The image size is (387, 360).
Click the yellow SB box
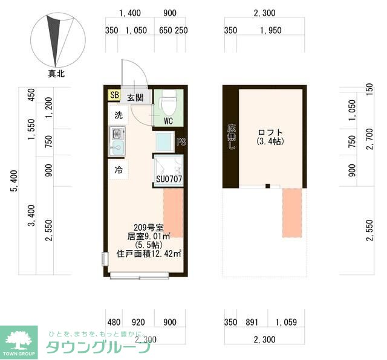pyautogui.click(x=114, y=95)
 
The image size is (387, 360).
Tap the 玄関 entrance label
pyautogui.click(x=135, y=98)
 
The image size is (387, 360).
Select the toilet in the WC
pyautogui.click(x=169, y=103)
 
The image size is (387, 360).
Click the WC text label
pyautogui.click(x=169, y=120)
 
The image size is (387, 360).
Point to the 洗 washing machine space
pyautogui.click(x=119, y=114)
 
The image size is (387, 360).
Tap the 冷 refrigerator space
pyautogui.click(x=119, y=170)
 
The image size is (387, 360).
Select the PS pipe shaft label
pyautogui.click(x=180, y=143)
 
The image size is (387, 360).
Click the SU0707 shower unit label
pyautogui.click(x=169, y=179)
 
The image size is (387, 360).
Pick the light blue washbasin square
pyautogui.click(x=164, y=142)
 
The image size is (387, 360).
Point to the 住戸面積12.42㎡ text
pyautogui.click(x=149, y=254)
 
